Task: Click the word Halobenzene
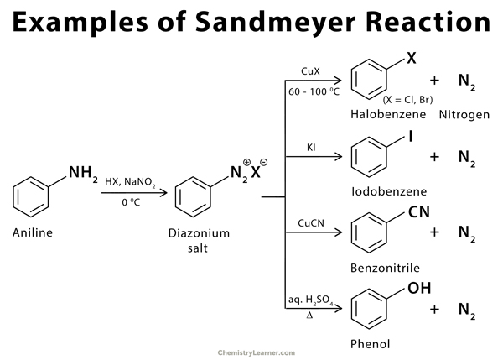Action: click(x=382, y=113)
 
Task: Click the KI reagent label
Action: click(x=311, y=148)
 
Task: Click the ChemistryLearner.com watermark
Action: click(x=251, y=353)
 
